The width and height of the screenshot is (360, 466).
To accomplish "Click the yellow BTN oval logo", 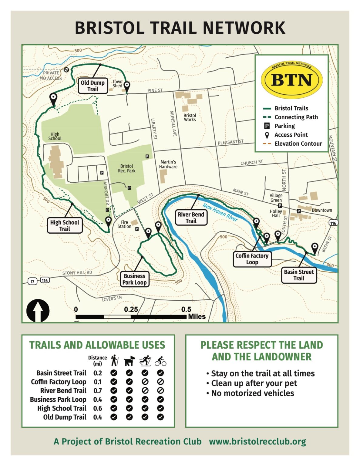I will point(291,80).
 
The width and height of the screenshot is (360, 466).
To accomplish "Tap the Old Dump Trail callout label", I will point(93,86).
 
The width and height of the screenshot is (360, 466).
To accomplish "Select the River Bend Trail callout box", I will point(191,218).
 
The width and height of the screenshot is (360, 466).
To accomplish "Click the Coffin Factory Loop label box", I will point(252,259).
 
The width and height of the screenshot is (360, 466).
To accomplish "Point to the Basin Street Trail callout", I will point(299,275).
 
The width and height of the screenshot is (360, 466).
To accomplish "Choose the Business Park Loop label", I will point(134,279).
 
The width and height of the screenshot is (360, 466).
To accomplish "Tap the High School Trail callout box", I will point(65,225).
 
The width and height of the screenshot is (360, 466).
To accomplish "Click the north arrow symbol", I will point(38,310).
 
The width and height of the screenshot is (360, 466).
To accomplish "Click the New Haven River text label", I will point(220,212).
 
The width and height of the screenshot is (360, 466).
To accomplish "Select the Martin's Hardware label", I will point(168,164).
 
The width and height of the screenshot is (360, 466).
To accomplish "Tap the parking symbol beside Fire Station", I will point(137,229).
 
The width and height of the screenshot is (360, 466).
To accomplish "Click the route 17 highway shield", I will point(32,281).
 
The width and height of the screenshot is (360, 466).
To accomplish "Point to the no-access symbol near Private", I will point(66,70).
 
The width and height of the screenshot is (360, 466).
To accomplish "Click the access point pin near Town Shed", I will point(127,86).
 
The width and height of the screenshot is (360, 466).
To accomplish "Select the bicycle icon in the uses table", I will point(160,361).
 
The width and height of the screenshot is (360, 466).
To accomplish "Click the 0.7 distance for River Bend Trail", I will point(98,391).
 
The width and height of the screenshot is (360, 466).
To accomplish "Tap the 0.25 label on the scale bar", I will point(131,309).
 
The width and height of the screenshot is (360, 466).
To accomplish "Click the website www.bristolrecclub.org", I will point(257,441).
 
